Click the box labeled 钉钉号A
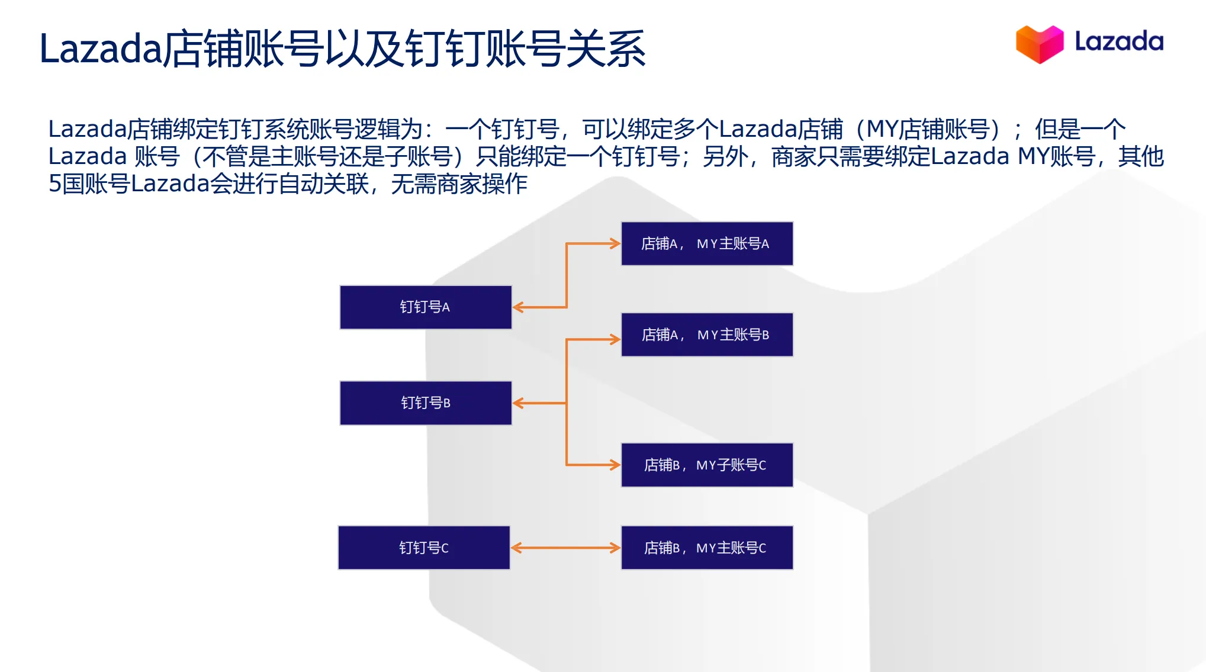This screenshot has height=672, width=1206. click(425, 307)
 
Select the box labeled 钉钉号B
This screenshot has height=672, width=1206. click(425, 403)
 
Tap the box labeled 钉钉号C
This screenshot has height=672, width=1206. click(424, 548)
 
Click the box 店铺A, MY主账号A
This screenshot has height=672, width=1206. click(706, 243)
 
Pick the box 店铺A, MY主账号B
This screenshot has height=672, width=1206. click(706, 335)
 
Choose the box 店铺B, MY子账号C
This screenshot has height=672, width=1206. click(706, 465)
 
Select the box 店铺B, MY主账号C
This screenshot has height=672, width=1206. click(706, 548)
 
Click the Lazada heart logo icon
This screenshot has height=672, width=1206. click(1039, 43)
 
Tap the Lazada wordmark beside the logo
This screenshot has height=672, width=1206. click(1118, 42)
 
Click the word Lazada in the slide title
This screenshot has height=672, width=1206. click(101, 49)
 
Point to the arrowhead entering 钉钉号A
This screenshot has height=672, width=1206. click(518, 307)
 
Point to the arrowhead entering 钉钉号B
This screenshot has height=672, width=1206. click(518, 403)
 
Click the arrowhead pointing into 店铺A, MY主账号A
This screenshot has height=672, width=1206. click(615, 243)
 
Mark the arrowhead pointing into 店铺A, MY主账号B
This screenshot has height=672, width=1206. click(615, 339)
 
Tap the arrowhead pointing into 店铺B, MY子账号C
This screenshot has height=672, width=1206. click(615, 465)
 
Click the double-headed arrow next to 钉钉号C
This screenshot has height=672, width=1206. click(565, 548)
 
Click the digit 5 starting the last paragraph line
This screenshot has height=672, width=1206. click(54, 184)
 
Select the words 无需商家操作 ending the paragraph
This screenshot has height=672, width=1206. click(459, 184)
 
